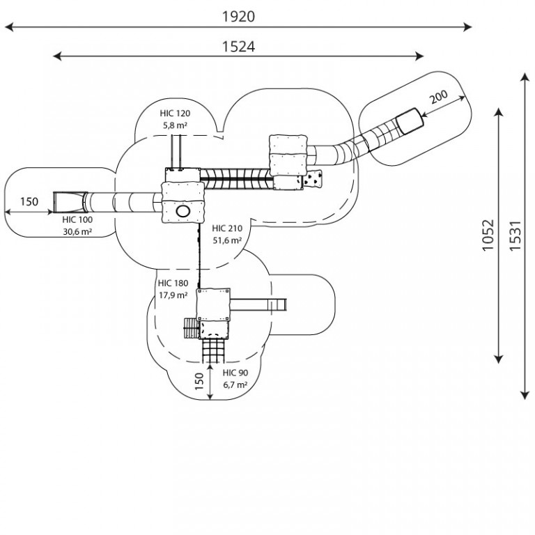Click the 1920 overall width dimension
point(238,17)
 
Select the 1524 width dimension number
point(238,47)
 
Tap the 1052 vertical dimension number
point(488,235)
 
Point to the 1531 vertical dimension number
point(515,235)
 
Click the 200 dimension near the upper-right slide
point(438,97)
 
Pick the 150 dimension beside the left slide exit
point(29,201)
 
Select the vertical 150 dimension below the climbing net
point(199,381)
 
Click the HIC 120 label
point(175,114)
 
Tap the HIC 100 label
point(77,219)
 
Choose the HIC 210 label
point(227,228)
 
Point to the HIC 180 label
point(173,284)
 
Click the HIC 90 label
point(235,373)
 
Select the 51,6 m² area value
point(227,240)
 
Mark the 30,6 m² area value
point(77,232)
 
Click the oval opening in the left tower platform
point(183,211)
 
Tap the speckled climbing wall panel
point(313,178)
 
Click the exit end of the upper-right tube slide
point(410,121)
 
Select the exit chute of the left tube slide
point(70,202)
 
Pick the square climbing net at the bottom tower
point(213,351)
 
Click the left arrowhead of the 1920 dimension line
point(9,27)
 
